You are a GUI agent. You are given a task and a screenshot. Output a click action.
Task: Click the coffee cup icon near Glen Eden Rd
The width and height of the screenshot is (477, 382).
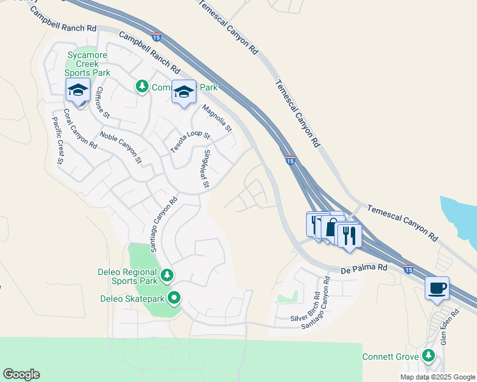437,288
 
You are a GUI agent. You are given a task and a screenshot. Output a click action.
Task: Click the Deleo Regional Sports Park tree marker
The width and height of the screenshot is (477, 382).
166,275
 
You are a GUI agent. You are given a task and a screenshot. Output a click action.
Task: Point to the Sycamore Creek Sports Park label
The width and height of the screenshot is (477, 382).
88,64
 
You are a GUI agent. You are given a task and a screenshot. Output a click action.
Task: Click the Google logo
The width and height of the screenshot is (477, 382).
21,374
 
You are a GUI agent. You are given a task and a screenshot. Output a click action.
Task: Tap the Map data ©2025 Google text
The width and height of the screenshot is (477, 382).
437,377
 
